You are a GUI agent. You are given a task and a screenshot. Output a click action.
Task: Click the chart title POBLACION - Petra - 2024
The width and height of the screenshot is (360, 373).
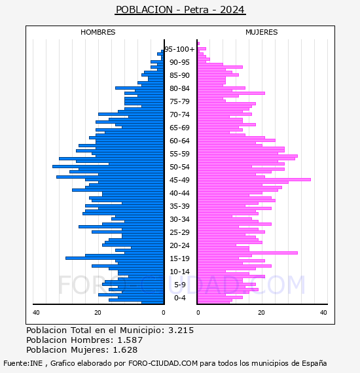(x=180, y=10)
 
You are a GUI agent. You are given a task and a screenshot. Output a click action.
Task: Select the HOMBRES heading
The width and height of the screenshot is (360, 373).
(x=98, y=32)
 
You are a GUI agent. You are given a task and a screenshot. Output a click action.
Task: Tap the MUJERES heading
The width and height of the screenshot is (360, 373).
(x=262, y=32)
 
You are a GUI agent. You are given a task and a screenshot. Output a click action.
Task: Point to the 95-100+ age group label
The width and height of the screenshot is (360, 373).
(x=179, y=49)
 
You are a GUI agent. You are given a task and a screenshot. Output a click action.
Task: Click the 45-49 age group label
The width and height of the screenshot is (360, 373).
(x=179, y=180)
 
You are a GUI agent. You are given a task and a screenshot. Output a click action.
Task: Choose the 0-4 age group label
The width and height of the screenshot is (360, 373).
(x=179, y=298)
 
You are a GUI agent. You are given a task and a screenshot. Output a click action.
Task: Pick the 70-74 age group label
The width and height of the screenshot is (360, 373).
(x=179, y=115)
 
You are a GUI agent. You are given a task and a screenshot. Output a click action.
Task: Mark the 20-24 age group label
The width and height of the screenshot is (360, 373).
(x=179, y=245)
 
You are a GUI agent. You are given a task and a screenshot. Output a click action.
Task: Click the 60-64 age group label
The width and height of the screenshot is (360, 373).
(x=179, y=141)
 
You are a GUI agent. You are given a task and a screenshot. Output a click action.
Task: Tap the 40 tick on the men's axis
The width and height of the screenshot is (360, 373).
(x=36, y=313)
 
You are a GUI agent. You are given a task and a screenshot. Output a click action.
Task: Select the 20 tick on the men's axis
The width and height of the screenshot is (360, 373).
(x=98, y=313)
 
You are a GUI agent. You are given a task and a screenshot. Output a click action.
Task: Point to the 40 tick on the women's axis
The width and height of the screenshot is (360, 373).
(x=323, y=313)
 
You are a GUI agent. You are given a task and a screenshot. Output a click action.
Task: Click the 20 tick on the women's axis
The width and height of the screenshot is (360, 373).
(x=261, y=313)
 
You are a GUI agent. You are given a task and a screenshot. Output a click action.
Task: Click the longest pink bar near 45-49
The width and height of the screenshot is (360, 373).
(x=254, y=179)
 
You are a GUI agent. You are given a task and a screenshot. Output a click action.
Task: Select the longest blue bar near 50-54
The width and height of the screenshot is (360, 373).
(x=108, y=166)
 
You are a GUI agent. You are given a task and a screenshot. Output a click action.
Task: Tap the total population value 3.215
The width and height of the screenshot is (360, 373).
(x=181, y=330)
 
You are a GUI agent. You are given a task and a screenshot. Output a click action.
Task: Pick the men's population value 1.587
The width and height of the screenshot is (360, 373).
(x=130, y=340)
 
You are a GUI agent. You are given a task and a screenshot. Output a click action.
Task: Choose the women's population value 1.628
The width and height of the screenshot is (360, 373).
(x=125, y=350)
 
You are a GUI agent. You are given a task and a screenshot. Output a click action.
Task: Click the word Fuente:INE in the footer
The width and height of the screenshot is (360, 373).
(x=23, y=363)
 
